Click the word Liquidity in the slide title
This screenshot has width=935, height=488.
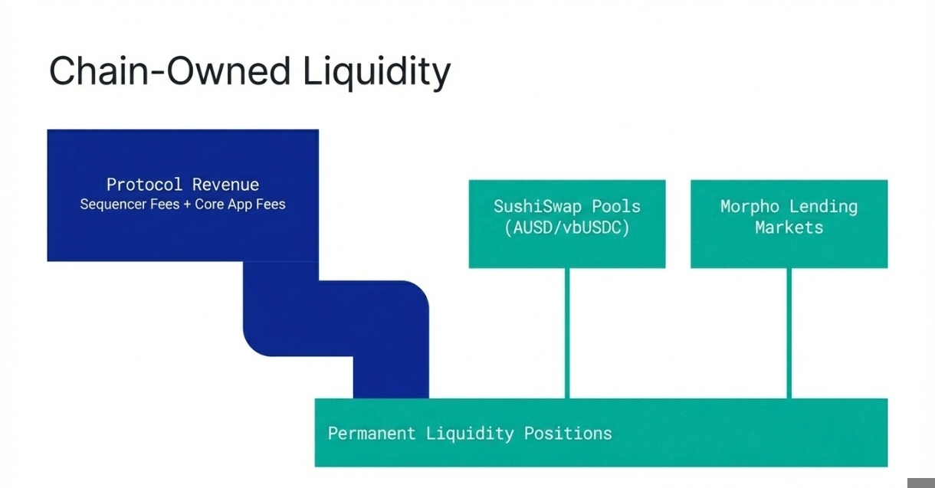pos(376,72)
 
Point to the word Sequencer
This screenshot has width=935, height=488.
pos(113,205)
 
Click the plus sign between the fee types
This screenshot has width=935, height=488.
pos(187,205)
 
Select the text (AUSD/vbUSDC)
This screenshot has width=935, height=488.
pos(566,228)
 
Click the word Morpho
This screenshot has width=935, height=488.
pos(750,207)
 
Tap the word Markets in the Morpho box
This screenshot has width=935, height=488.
pos(789,228)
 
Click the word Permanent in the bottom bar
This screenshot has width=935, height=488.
pos(371,433)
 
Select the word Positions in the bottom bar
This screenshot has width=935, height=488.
pos(568,433)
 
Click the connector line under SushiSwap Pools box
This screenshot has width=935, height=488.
pos(567,333)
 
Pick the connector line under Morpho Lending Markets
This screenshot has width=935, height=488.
pos(789,333)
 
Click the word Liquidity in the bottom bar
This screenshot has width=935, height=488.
pos(469,433)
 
